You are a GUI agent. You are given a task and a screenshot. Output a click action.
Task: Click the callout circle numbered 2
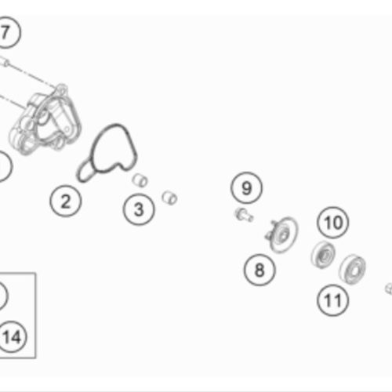pos(66,201)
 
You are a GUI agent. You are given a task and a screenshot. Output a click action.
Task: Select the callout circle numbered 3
pos(139,209)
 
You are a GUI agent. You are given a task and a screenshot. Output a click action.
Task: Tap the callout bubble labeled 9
pos(246,188)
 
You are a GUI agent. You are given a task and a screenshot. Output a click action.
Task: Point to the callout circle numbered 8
pos(260,270)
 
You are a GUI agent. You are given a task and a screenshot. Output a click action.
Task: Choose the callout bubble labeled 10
pos(333,223)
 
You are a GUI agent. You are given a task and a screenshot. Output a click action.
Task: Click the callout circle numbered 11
pos(333,300)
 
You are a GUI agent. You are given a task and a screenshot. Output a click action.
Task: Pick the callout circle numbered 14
pos(13,336)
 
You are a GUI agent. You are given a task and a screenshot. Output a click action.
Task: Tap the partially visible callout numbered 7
pos(8,32)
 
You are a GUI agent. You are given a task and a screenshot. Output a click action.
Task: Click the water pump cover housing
pos(45,121)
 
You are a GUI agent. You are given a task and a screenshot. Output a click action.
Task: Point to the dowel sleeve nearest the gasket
pos(140,180)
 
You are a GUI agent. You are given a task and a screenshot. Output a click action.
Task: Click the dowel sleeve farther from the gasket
pos(169,198)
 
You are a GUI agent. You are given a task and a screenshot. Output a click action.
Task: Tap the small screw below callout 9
pos(244,215)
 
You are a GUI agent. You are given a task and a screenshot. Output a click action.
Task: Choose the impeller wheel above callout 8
pos(281,234)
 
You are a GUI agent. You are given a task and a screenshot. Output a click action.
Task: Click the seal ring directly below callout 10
pos(324,255)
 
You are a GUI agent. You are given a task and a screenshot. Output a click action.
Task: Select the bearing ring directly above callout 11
pos(353,269)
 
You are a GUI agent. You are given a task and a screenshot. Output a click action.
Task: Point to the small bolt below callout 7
pos(5,62)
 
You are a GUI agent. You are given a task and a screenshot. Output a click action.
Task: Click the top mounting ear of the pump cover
pos(62,89)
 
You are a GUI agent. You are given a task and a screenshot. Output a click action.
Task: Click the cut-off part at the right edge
pos(389,289)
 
